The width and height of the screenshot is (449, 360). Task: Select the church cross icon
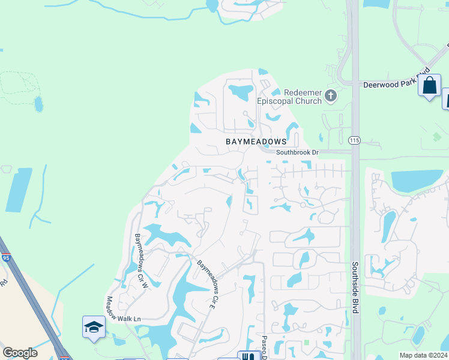(x=330, y=95)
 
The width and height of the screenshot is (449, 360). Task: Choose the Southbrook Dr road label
(x=297, y=153)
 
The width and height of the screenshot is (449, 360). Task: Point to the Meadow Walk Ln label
(x=123, y=310)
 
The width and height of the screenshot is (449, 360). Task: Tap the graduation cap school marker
(x=94, y=328)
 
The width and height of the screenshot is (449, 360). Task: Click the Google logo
(x=20, y=353)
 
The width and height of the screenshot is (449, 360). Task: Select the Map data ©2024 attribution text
(x=423, y=355)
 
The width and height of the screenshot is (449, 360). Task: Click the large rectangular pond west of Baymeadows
(x=19, y=190)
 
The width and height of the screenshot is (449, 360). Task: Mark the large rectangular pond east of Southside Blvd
(x=417, y=180)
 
